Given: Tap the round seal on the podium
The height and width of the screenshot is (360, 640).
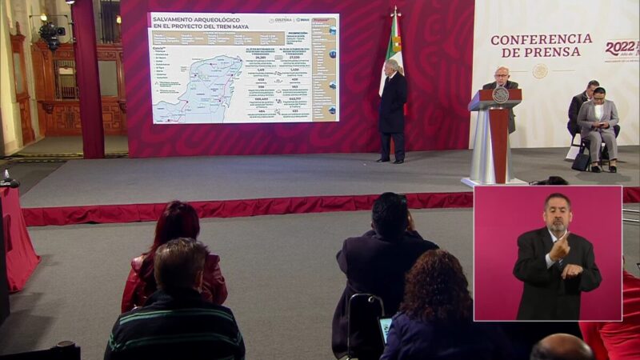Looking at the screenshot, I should tap(501, 95).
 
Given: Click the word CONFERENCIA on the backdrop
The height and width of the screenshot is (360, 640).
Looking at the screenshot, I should tap(541, 39).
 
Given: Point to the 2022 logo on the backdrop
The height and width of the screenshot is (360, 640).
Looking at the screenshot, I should tap(622, 47).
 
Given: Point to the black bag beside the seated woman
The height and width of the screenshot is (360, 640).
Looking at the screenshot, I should tap(581, 161).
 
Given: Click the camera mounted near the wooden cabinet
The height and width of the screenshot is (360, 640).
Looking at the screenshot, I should tap(51, 33).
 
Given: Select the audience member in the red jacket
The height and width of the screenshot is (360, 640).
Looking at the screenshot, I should tap(173, 256).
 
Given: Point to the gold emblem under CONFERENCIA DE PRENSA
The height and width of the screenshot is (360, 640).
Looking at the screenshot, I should tap(540, 71).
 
